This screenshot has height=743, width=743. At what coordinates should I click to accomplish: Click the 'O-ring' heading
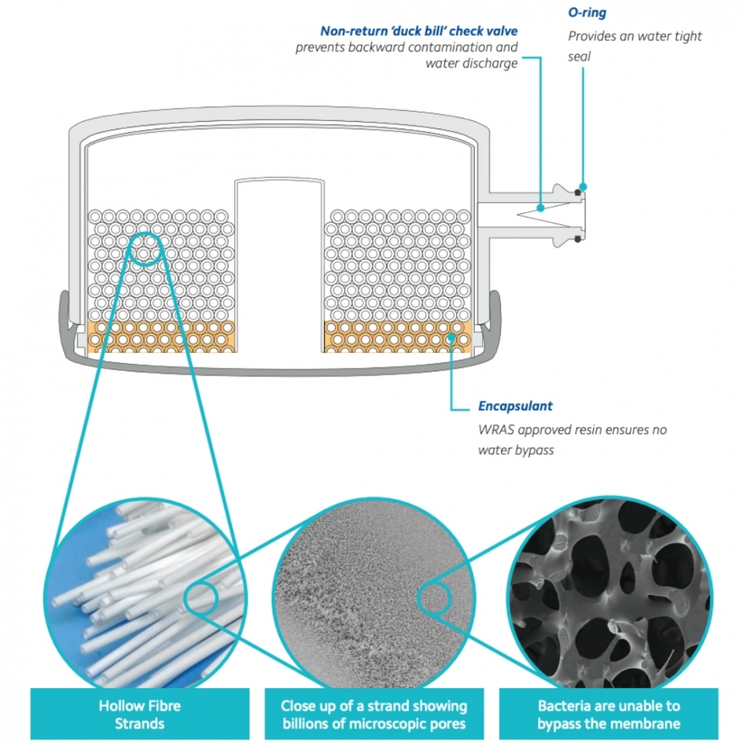pos(587,13)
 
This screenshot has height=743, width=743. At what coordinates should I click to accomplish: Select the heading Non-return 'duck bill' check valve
pos(418,31)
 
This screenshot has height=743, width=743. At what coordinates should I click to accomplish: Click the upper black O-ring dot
pos(577,192)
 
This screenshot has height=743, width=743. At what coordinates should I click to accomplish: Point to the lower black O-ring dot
pos(577,239)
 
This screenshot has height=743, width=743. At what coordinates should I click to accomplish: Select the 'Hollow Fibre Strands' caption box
pos(139,714)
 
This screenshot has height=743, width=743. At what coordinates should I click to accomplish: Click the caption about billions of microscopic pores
pos(374,714)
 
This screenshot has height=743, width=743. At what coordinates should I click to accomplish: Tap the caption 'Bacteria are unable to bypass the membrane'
pos(609,714)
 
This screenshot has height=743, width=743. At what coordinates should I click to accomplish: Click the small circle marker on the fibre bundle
pos(148,250)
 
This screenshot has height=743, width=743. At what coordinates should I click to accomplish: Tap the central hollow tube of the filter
pos(279,264)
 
